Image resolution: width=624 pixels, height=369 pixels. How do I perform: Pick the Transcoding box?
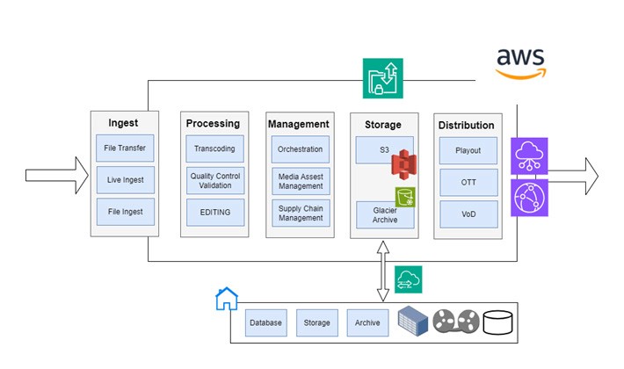(215, 148)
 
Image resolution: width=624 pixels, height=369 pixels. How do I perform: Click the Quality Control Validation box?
(215, 180)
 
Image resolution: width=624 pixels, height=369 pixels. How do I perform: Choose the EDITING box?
(215, 212)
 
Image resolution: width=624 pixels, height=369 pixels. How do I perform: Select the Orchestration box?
(301, 148)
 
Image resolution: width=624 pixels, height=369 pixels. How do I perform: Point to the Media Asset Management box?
(301, 180)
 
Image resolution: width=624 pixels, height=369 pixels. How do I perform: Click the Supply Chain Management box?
(301, 212)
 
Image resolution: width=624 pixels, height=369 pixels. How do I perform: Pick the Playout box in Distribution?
(468, 150)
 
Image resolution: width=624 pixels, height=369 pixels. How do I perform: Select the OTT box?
(468, 182)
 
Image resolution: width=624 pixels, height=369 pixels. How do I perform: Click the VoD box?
(468, 213)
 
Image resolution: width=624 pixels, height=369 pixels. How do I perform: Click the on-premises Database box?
(265, 322)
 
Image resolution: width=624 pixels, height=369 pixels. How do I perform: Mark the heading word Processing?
(213, 124)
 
